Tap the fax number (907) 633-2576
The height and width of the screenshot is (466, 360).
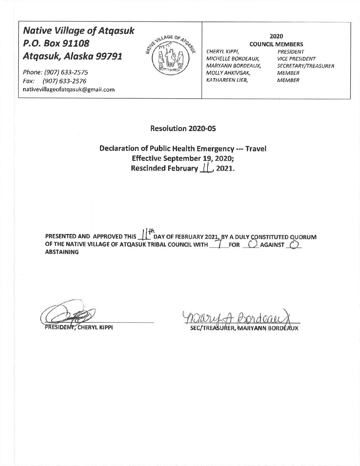click(x=68, y=81)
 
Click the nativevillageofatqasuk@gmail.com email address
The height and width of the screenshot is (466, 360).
click(x=68, y=89)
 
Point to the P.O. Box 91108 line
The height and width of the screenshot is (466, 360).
click(x=56, y=43)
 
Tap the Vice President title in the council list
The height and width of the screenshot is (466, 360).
click(x=296, y=59)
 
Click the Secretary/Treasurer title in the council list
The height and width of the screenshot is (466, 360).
click(x=305, y=66)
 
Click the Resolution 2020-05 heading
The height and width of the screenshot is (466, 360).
click(x=183, y=128)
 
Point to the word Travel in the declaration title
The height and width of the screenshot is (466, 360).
click(x=256, y=149)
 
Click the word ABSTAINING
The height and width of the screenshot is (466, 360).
click(x=62, y=252)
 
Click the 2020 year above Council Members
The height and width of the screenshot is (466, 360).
click(x=276, y=36)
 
